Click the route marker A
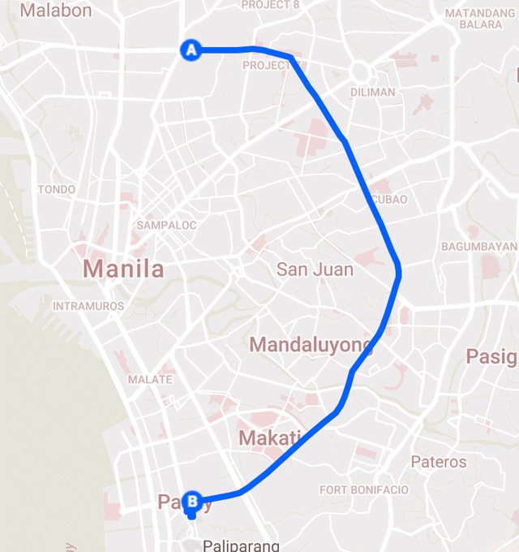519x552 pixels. [191, 50]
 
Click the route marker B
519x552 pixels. [191, 502]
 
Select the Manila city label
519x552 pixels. [123, 269]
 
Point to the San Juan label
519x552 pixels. [315, 270]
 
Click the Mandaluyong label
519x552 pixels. [311, 345]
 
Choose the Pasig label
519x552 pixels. [491, 356]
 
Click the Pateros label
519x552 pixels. [439, 462]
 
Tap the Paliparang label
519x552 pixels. [242, 546]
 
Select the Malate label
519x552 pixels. [150, 379]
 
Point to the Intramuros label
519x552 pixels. [88, 306]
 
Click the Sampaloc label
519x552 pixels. [167, 225]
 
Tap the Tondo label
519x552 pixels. [57, 189]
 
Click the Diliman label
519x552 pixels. [373, 92]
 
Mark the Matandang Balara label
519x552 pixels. [480, 19]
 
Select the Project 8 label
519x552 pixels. [271, 5]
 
